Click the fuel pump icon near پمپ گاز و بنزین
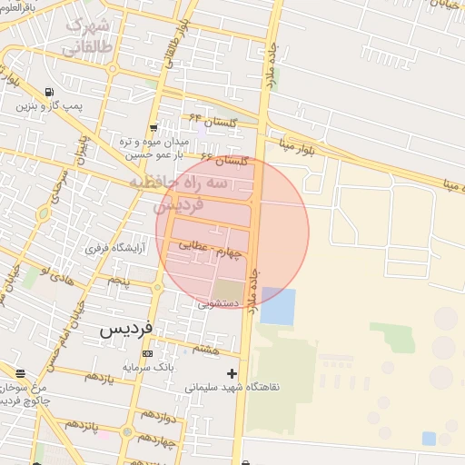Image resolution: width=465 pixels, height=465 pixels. (x=48, y=92)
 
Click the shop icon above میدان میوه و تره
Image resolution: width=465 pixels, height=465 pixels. (x=153, y=128)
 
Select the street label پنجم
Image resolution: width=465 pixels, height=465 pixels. (x=119, y=282)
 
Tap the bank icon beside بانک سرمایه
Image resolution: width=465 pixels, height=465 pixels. (x=147, y=353)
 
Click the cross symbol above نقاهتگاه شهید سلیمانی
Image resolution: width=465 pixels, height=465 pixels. (x=232, y=372)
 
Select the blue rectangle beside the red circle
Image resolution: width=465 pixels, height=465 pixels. (x=278, y=306)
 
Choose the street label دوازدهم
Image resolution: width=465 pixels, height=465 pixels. (x=152, y=417)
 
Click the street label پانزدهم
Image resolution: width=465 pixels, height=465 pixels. (x=81, y=425)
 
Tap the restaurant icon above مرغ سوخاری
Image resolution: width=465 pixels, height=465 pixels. (x=20, y=373)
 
